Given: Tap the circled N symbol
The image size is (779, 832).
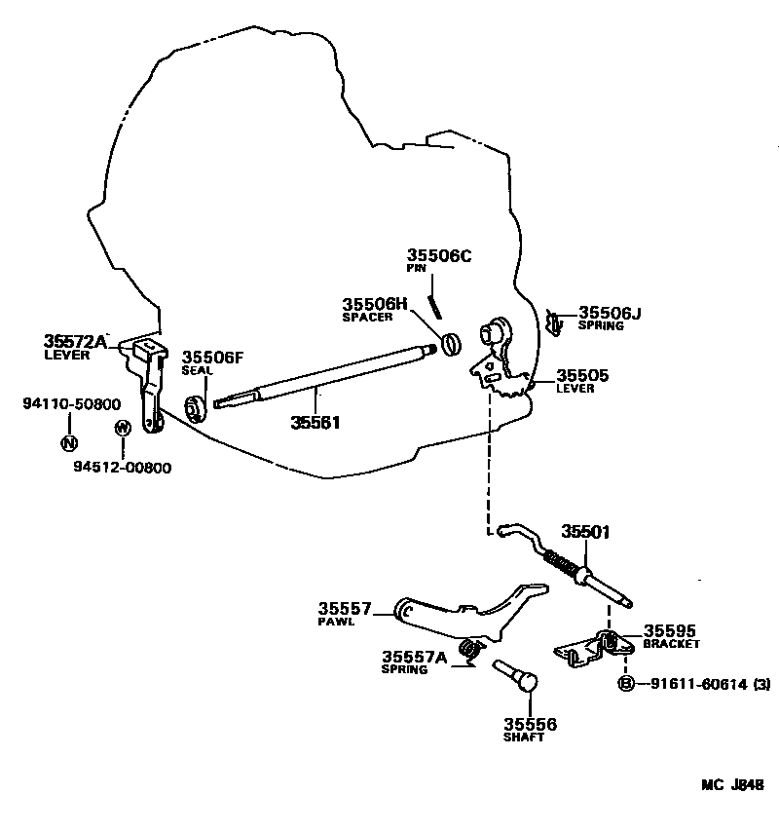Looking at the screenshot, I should (x=68, y=443).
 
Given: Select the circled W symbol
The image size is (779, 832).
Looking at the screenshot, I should (x=122, y=428).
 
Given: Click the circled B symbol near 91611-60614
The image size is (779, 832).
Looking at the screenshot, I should (x=626, y=684).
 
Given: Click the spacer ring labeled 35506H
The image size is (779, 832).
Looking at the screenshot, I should (x=450, y=343).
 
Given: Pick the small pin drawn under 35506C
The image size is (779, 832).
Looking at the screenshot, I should (x=437, y=304).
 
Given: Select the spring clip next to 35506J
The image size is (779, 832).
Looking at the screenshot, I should (x=555, y=321).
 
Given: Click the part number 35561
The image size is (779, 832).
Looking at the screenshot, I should (x=315, y=422).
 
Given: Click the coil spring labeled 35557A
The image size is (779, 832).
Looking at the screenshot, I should (x=472, y=649).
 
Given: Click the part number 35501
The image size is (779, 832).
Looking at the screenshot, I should (x=585, y=531).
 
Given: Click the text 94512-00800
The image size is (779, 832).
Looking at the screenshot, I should (x=123, y=467).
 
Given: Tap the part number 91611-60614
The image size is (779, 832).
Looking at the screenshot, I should (x=692, y=685).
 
